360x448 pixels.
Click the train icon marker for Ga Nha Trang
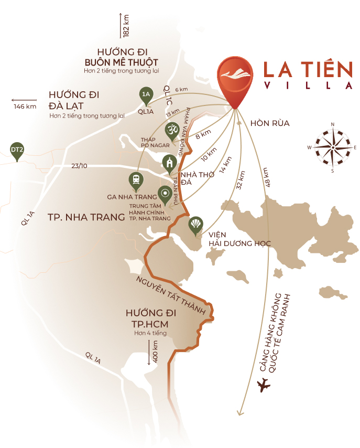(x=136, y=180)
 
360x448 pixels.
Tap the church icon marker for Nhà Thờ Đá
(x=169, y=163)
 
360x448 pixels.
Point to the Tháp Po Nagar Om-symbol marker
(x=171, y=129)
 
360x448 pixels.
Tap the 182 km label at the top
(x=126, y=25)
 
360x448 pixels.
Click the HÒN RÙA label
(x=270, y=123)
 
